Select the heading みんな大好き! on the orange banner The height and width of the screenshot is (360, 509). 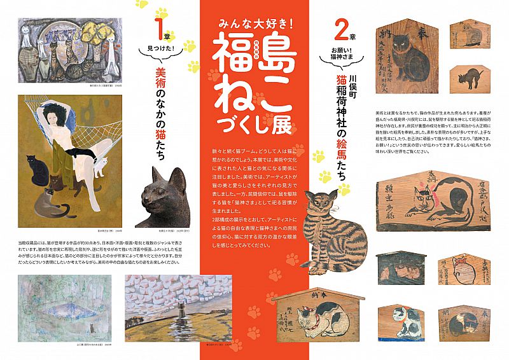[254, 24]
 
